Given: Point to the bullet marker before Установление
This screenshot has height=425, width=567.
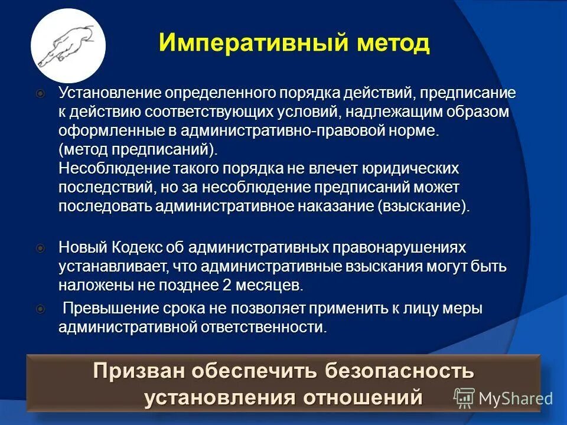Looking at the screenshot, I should [40, 93].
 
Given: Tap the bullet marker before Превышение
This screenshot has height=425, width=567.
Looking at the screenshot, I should [40, 309].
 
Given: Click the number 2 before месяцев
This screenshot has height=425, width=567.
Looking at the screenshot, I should [226, 285].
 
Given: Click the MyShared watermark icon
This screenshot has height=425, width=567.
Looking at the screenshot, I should [464, 398].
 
